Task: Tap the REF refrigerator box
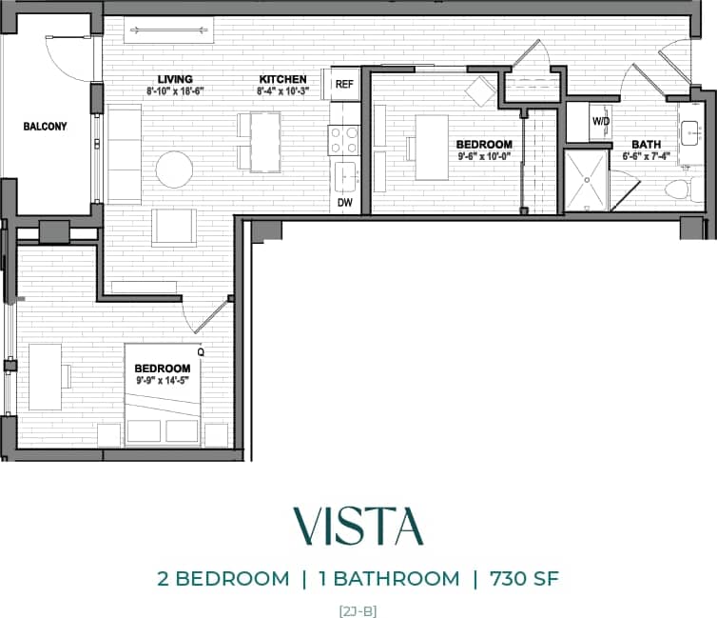pyautogui.click(x=343, y=84)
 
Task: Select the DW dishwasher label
pyautogui.click(x=343, y=203)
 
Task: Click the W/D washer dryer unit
pyautogui.click(x=601, y=122)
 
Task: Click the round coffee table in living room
pyautogui.click(x=175, y=169)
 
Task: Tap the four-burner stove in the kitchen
pyautogui.click(x=343, y=142)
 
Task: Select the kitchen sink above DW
pyautogui.click(x=344, y=175)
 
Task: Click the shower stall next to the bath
pyautogui.click(x=591, y=180)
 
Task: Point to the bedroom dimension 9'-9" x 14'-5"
pyautogui.click(x=163, y=381)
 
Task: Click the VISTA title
pyautogui.click(x=358, y=526)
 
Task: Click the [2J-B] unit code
pyautogui.click(x=358, y=609)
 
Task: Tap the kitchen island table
pyautogui.click(x=265, y=142)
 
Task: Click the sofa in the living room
pyautogui.click(x=124, y=154)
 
